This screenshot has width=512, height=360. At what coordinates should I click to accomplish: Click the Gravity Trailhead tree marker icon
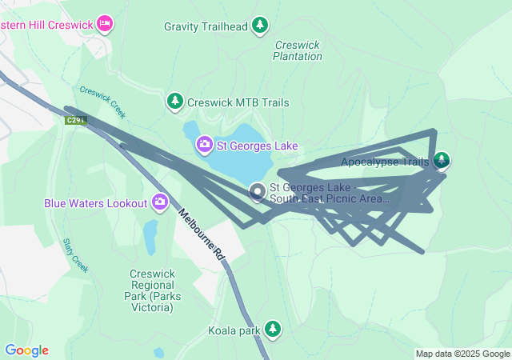tap(259, 26)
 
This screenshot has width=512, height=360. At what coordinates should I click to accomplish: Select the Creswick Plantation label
tap(298, 51)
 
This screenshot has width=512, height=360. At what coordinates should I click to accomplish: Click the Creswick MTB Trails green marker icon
tap(174, 102)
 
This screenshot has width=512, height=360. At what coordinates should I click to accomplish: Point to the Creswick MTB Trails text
tap(238, 103)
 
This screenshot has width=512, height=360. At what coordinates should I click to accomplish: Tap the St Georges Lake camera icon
tap(205, 145)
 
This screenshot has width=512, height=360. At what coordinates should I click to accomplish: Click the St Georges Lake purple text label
tap(258, 146)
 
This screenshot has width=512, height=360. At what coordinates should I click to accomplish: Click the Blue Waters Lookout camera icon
tap(160, 202)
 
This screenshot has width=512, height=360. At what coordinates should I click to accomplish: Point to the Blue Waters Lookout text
tap(97, 203)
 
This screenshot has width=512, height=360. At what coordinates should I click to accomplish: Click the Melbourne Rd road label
tap(202, 233)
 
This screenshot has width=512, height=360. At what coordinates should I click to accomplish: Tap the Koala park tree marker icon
tap(273, 329)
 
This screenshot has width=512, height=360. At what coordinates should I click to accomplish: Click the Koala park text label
tap(234, 330)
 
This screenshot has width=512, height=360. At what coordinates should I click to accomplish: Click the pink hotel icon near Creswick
tap(105, 24)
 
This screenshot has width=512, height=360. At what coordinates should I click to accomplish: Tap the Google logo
tap(26, 350)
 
